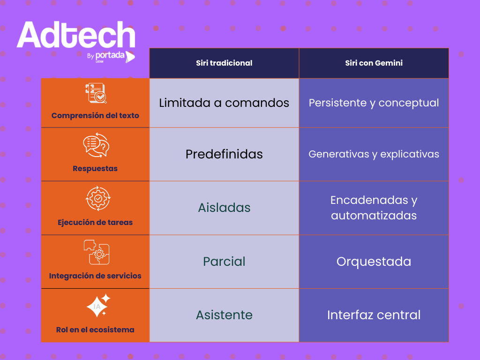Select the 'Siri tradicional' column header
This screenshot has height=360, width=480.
pyautogui.click(x=224, y=63)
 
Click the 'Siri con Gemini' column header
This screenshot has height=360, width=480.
pyautogui.click(x=374, y=63)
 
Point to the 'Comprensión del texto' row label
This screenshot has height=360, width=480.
pyautogui.click(x=95, y=115)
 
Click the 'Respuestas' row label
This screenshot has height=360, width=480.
pyautogui.click(x=95, y=169)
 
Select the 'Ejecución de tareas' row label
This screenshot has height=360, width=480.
pyautogui.click(x=95, y=222)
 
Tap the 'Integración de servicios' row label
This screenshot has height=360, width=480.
pyautogui.click(x=95, y=276)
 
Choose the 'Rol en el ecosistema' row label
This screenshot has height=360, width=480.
pyautogui.click(x=95, y=330)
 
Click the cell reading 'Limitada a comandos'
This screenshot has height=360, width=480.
pyautogui.click(x=224, y=103)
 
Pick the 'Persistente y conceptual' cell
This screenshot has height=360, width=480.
pyautogui.click(x=374, y=103)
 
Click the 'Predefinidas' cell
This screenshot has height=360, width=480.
pyautogui.click(x=224, y=154)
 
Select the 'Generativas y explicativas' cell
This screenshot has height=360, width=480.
pyautogui.click(x=374, y=154)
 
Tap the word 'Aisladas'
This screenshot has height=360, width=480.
pyautogui.click(x=224, y=208)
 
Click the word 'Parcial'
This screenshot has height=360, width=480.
pyautogui.click(x=224, y=262)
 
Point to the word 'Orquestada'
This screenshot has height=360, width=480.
pyautogui.click(x=374, y=262)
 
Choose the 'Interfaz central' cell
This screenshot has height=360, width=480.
pyautogui.click(x=374, y=315)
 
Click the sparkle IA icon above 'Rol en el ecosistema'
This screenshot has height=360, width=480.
pyautogui.click(x=98, y=306)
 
